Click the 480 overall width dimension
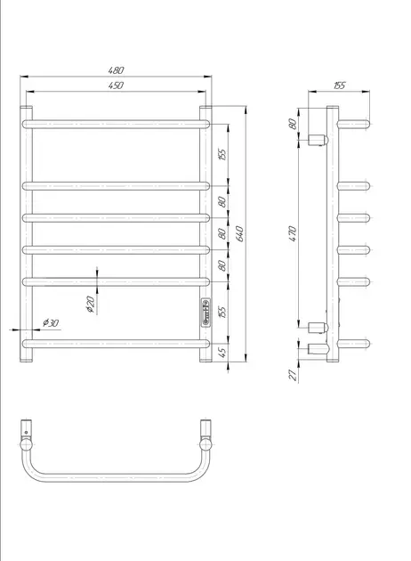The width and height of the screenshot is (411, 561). pyautogui.click(x=116, y=70)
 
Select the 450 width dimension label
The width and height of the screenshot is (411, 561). pyautogui.click(x=116, y=85)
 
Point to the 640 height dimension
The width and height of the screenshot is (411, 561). pyautogui.click(x=240, y=233)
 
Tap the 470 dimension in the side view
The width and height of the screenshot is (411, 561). pyautogui.click(x=293, y=234)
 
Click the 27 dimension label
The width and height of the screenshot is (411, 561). pyautogui.click(x=293, y=375)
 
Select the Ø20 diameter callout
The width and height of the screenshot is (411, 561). pyautogui.click(x=91, y=305)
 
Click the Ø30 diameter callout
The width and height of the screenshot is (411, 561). pyautogui.click(x=51, y=322)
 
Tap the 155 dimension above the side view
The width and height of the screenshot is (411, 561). pyautogui.click(x=339, y=85)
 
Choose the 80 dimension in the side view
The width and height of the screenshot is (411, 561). pyautogui.click(x=293, y=124)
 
